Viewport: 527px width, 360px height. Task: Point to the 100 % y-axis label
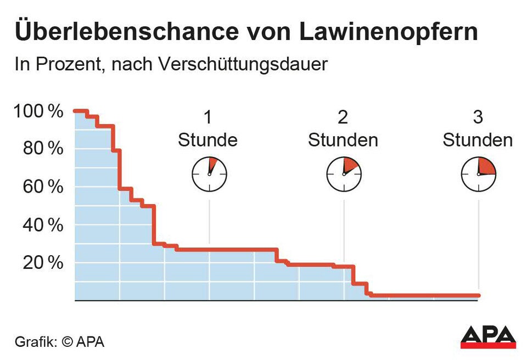tap(38, 111)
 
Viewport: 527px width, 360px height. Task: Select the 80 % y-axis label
tap(42, 149)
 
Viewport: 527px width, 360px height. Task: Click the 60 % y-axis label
tap(42, 187)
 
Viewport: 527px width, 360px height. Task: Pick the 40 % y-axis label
tap(42, 225)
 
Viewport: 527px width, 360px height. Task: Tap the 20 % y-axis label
tap(42, 263)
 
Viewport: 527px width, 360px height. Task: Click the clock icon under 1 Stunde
tap(209, 174)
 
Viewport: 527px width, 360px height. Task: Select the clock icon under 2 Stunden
tap(344, 174)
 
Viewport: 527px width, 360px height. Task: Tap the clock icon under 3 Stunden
tap(478, 174)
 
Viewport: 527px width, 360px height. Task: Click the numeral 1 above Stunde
tap(208, 118)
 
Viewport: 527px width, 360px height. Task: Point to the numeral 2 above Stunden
tap(343, 118)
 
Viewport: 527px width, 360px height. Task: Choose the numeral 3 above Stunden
tap(478, 118)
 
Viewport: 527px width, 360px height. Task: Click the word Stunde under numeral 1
tap(208, 140)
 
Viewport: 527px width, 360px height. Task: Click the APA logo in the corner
tap(488, 336)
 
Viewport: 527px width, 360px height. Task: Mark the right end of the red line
tap(478, 295)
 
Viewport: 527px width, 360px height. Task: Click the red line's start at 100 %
tap(76, 111)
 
